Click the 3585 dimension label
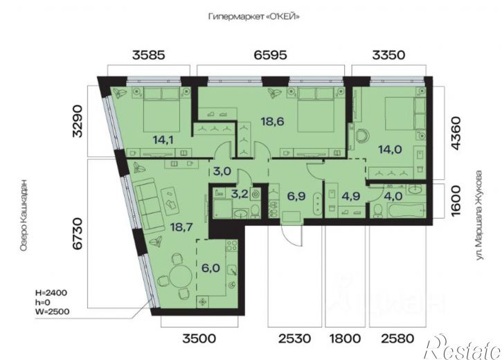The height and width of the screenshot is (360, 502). pos(149,55)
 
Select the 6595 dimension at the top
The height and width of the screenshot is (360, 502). pos(271,55)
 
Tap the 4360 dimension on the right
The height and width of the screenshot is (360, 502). pos(456,133)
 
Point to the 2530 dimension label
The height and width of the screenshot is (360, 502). pos(294,339)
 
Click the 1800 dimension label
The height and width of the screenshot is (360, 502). pos(346,339)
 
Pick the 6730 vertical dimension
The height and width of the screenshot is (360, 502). pos(78,234)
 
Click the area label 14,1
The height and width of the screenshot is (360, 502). pos(163,140)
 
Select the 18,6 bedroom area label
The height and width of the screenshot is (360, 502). pos(272,121)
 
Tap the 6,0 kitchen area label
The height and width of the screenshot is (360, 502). pos(210,267)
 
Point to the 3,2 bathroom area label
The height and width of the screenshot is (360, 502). pos(240,194)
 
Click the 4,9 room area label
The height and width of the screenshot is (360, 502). pos(351,196)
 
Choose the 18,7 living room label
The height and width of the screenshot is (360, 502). pos(181,227)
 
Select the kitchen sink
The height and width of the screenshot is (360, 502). pos(233,271)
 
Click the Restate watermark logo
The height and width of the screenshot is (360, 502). pos(463,347)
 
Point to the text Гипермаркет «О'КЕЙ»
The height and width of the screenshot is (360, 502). pos(254,17)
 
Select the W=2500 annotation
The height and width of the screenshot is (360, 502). pos(52,311)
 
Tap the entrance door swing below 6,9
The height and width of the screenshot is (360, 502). pos(292,235)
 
